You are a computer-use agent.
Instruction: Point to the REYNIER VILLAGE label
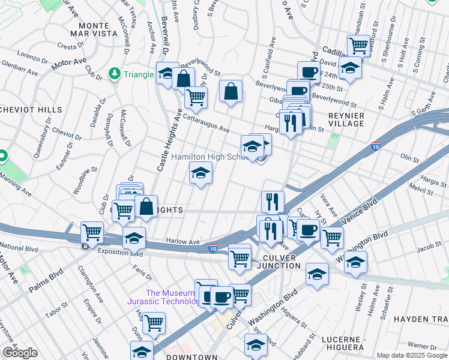pos(346,119)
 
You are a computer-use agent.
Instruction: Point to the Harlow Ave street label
pos(182,242)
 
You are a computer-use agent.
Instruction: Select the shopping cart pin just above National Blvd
pos(92,231)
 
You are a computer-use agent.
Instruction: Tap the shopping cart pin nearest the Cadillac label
pos(358,44)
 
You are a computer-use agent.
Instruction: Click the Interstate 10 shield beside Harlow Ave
pos(212,248)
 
